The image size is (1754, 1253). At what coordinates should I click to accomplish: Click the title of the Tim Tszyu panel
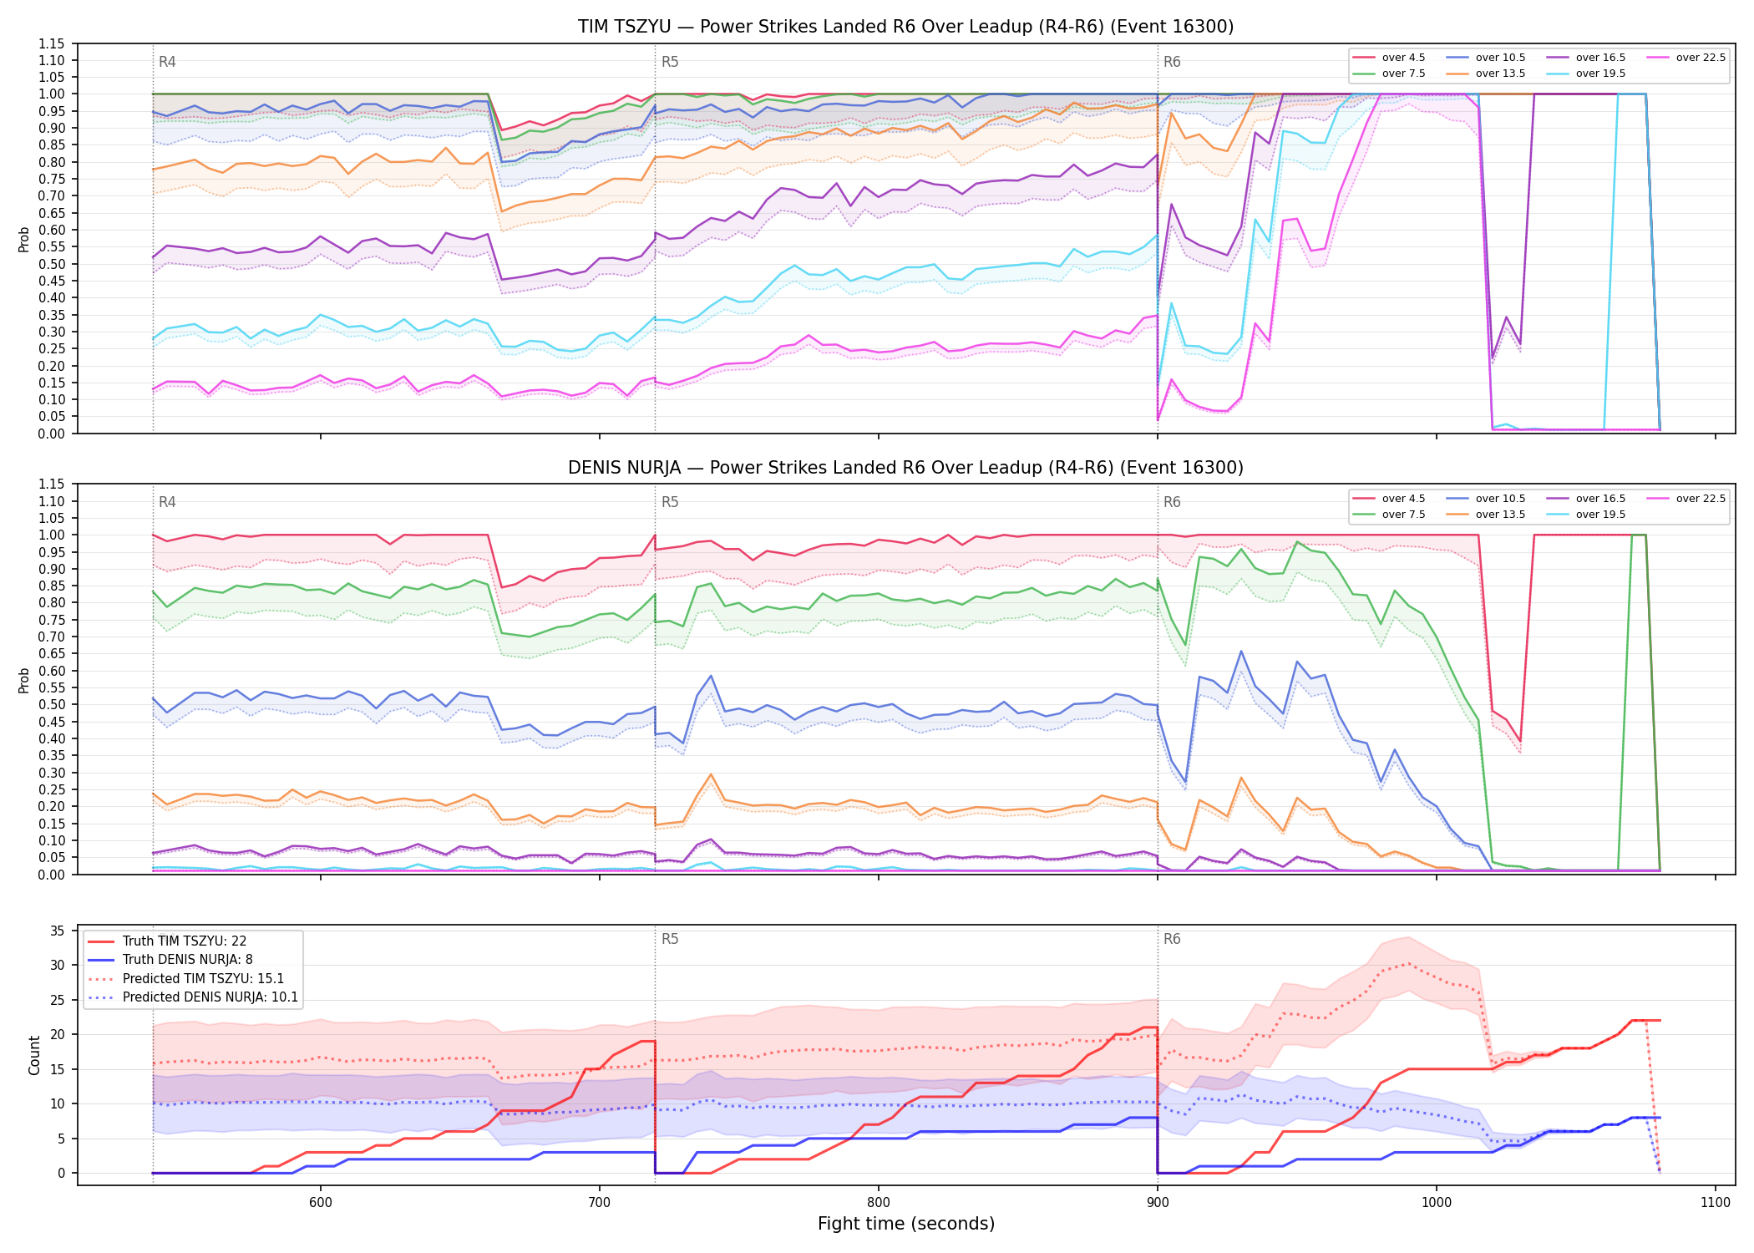point(905,27)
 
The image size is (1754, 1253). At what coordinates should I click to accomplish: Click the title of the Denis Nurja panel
point(905,468)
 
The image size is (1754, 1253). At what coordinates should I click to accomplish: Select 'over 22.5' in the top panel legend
point(1701,58)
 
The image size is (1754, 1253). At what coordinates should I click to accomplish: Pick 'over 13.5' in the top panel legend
point(1500,74)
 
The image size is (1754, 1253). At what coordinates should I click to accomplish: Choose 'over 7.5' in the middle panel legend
point(1403,515)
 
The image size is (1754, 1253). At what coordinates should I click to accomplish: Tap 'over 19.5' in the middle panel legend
point(1600,515)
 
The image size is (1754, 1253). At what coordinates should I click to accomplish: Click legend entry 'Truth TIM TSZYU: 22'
point(185,941)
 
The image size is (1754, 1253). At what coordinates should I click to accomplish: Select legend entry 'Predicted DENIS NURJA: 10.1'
point(210,997)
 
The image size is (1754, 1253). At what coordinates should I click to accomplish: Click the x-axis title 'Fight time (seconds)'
point(906,1224)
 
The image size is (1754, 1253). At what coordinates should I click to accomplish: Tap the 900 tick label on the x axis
point(1158,1202)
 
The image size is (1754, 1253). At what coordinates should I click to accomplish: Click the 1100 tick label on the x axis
point(1716,1202)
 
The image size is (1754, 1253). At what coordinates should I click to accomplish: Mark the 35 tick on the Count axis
point(58,931)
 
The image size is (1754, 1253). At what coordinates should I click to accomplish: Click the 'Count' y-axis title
point(34,1055)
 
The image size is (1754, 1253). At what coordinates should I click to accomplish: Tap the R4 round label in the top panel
point(167,62)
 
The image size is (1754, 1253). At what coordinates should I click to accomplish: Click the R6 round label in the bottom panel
point(1172,939)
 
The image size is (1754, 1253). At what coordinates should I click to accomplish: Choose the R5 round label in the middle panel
point(670,502)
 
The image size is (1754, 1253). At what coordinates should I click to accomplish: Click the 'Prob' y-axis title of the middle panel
point(24,680)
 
